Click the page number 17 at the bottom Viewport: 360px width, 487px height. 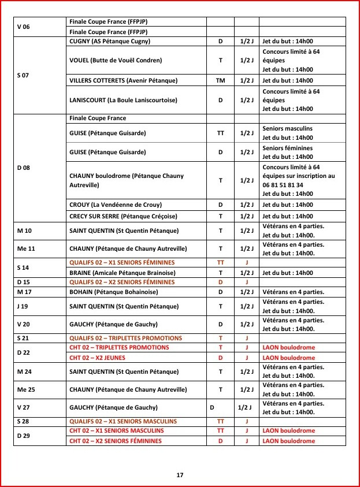pos(180,475)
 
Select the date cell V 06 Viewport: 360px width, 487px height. pos(24,27)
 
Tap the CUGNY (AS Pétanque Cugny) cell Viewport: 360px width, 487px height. pos(109,41)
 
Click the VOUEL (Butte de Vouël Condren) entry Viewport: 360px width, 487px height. pos(116,60)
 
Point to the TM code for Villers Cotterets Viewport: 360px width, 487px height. pos(220,80)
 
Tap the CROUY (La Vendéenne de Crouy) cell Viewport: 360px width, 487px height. pos(116,205)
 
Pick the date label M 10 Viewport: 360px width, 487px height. pos(25,231)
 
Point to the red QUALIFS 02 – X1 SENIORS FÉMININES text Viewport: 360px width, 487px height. pos(122,262)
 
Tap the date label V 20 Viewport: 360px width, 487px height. pos(24,325)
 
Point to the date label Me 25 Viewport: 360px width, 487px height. pos(26,389)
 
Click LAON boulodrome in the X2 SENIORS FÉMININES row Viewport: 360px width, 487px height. pos(289,441)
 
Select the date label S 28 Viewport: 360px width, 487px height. pos(24,421)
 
